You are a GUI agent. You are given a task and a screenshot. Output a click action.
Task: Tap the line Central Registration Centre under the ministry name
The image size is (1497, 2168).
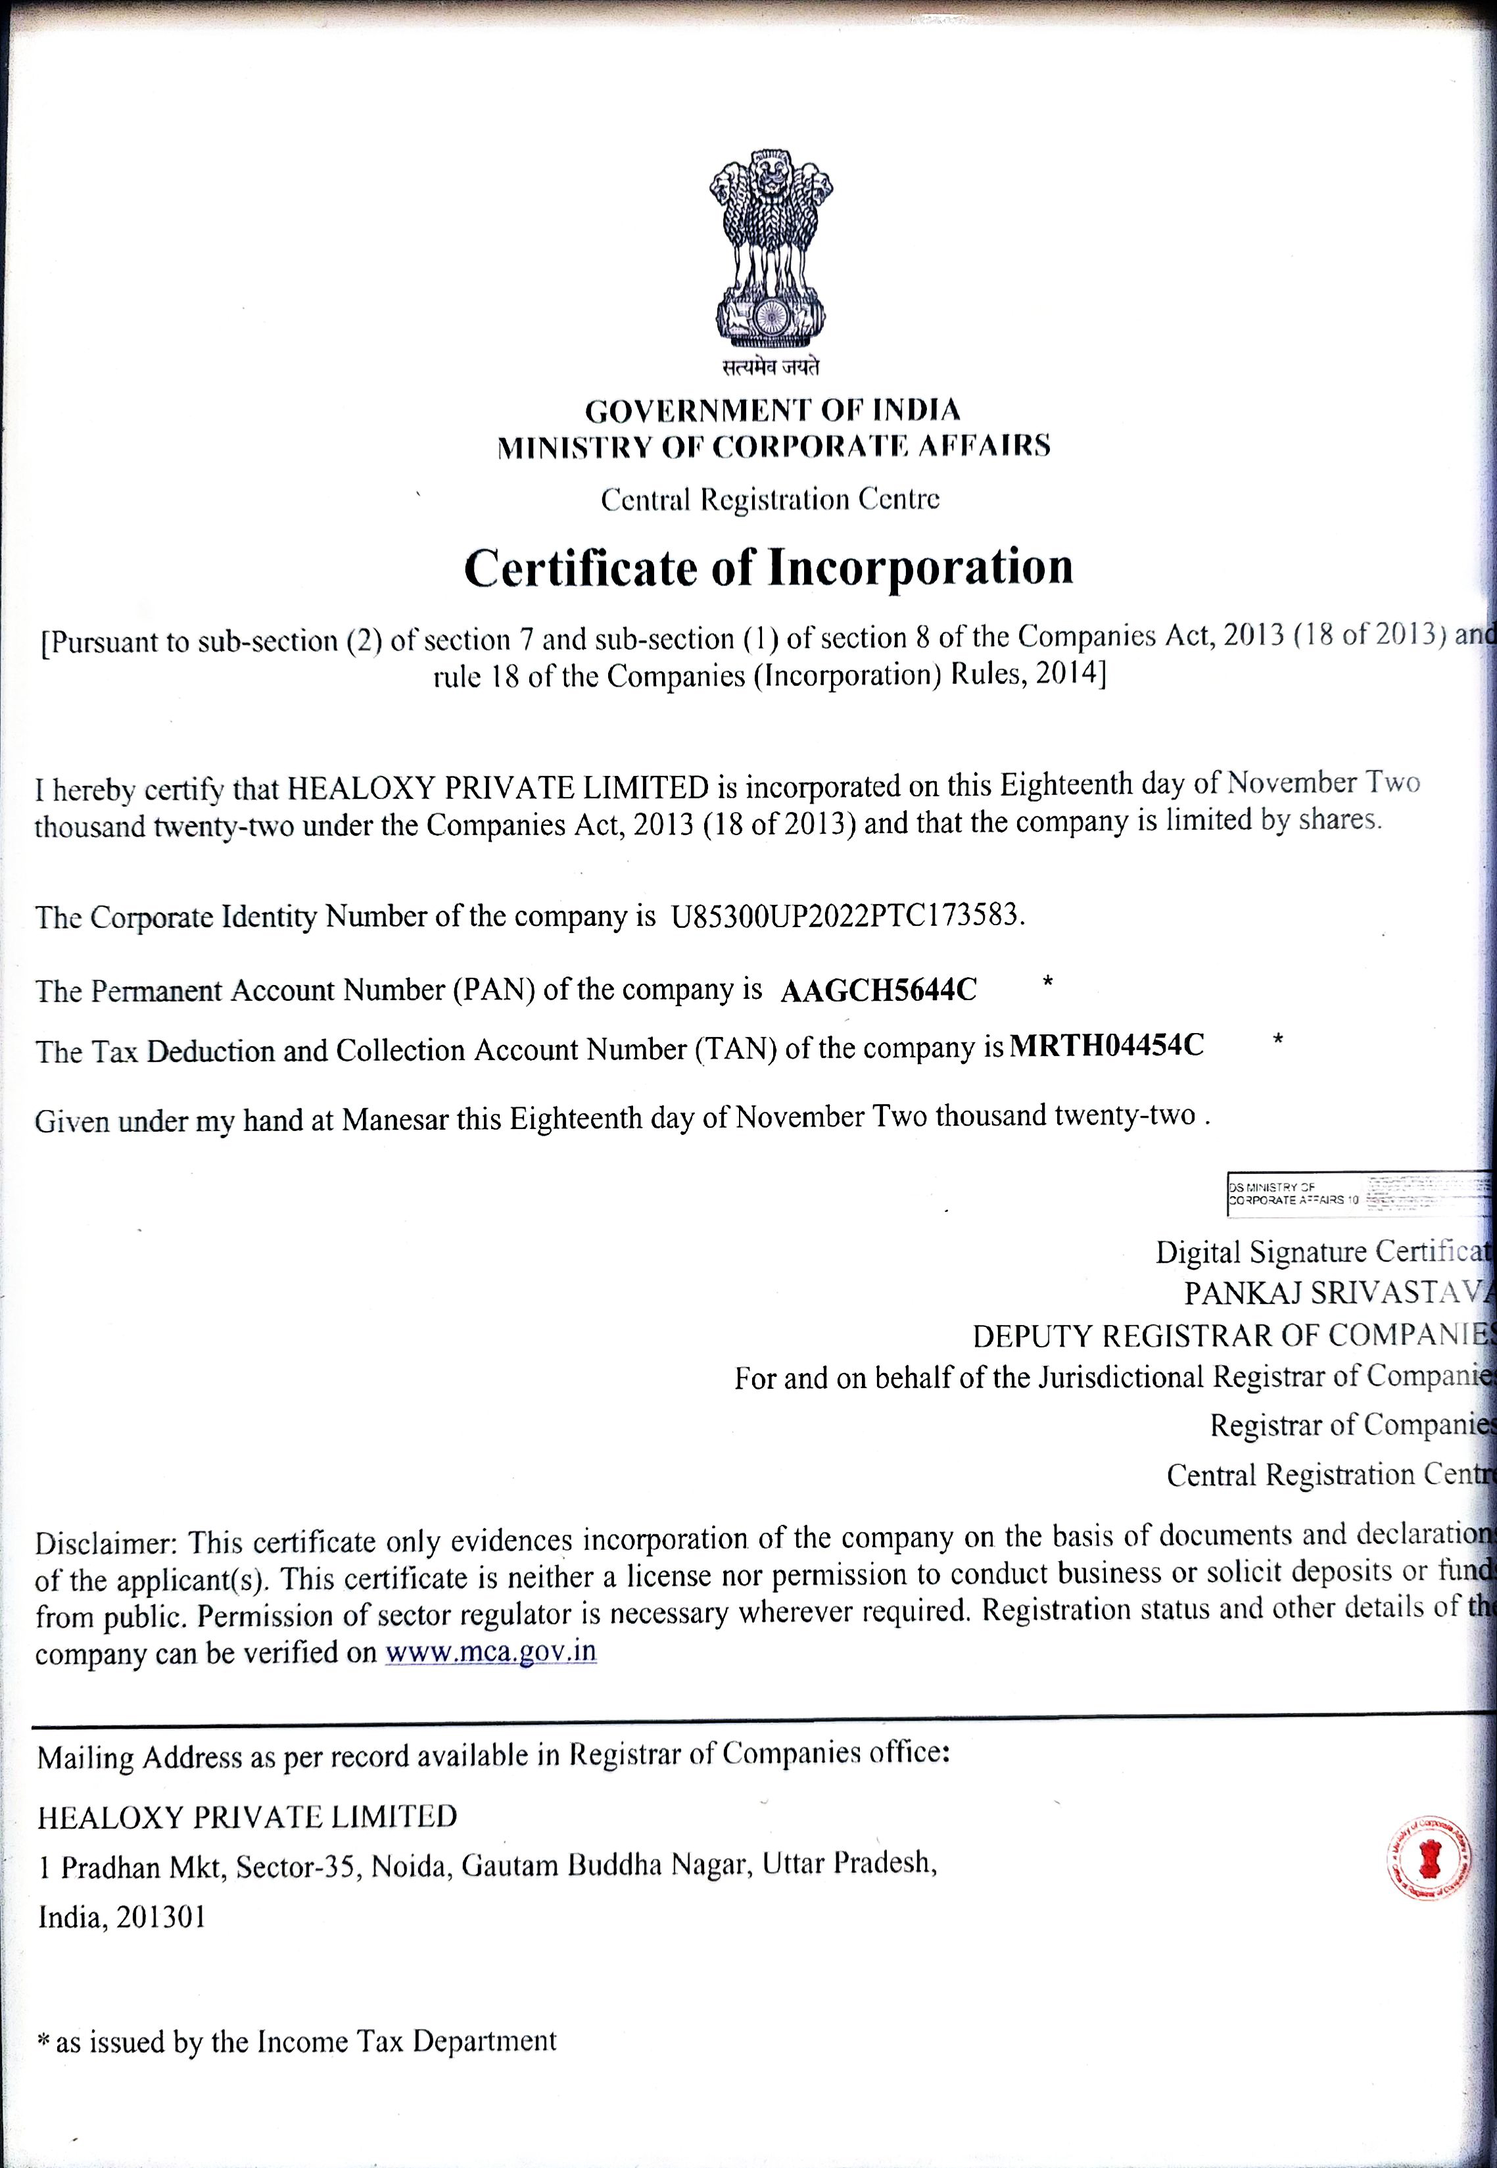769,499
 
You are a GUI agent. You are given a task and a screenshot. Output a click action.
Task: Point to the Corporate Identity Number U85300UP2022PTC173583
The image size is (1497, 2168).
844,915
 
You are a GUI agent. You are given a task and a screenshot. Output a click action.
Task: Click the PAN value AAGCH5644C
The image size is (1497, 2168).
878,990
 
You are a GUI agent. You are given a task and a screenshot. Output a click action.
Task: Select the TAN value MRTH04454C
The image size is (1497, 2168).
1106,1045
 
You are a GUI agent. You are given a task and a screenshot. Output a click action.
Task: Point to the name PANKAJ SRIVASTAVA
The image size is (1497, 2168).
1337,1293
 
